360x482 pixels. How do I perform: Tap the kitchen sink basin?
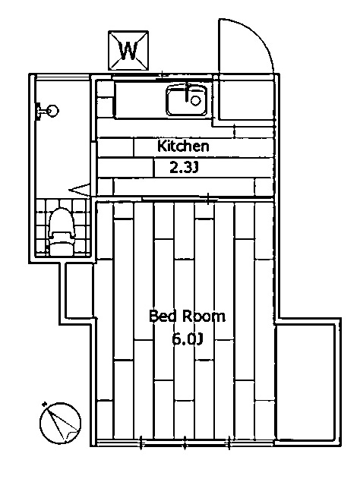pos(186,101)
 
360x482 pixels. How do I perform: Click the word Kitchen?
pos(182,146)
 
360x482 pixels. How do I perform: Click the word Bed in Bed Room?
pos(163,317)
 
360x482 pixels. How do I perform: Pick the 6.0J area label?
pos(187,339)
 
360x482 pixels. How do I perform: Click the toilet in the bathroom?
pos(59,232)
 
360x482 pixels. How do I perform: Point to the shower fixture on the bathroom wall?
pos(47,111)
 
